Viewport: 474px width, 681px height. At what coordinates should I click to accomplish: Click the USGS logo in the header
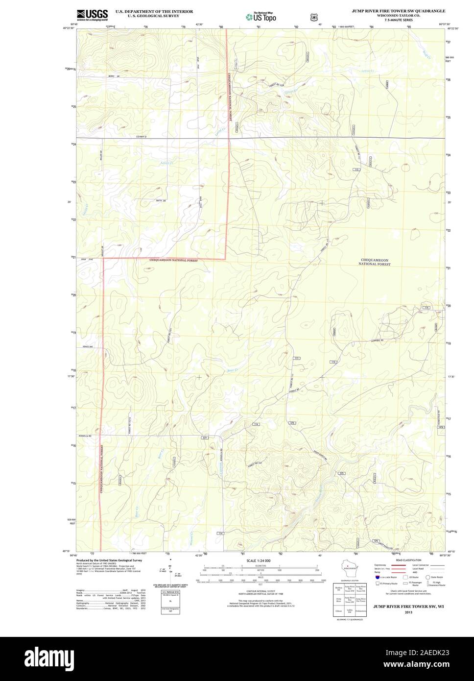point(92,14)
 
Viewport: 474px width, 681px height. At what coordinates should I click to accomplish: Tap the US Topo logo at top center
point(261,16)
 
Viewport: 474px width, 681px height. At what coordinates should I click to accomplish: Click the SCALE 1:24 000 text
point(259,560)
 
